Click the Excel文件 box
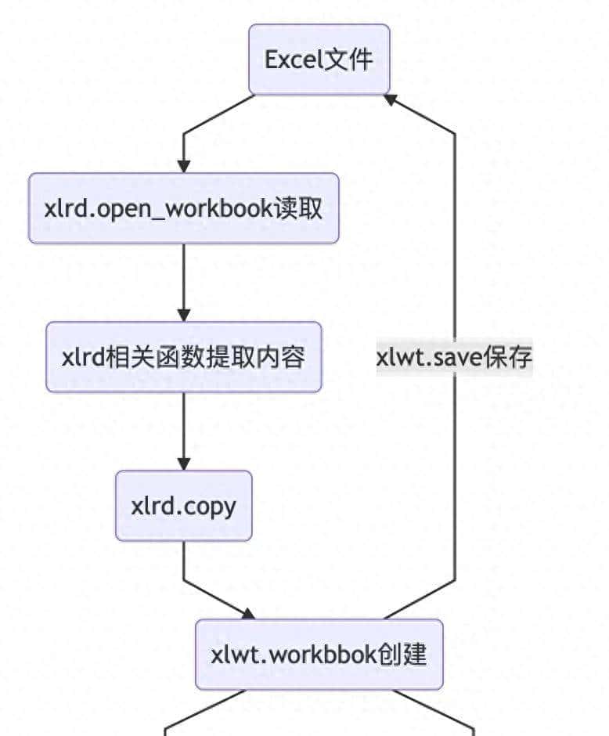tap(319, 60)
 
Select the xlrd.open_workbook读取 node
tap(184, 208)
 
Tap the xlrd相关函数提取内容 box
tap(184, 357)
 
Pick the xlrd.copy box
tap(184, 506)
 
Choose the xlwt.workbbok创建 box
tap(319, 655)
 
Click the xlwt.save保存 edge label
tap(454, 357)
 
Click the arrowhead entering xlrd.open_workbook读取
tap(184, 166)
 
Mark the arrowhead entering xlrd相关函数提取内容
tap(184, 315)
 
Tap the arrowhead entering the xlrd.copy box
tap(184, 464)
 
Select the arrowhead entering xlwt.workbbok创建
tap(248, 613)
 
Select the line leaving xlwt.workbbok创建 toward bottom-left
tap(204, 711)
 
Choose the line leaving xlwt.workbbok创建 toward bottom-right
tap(434, 711)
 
